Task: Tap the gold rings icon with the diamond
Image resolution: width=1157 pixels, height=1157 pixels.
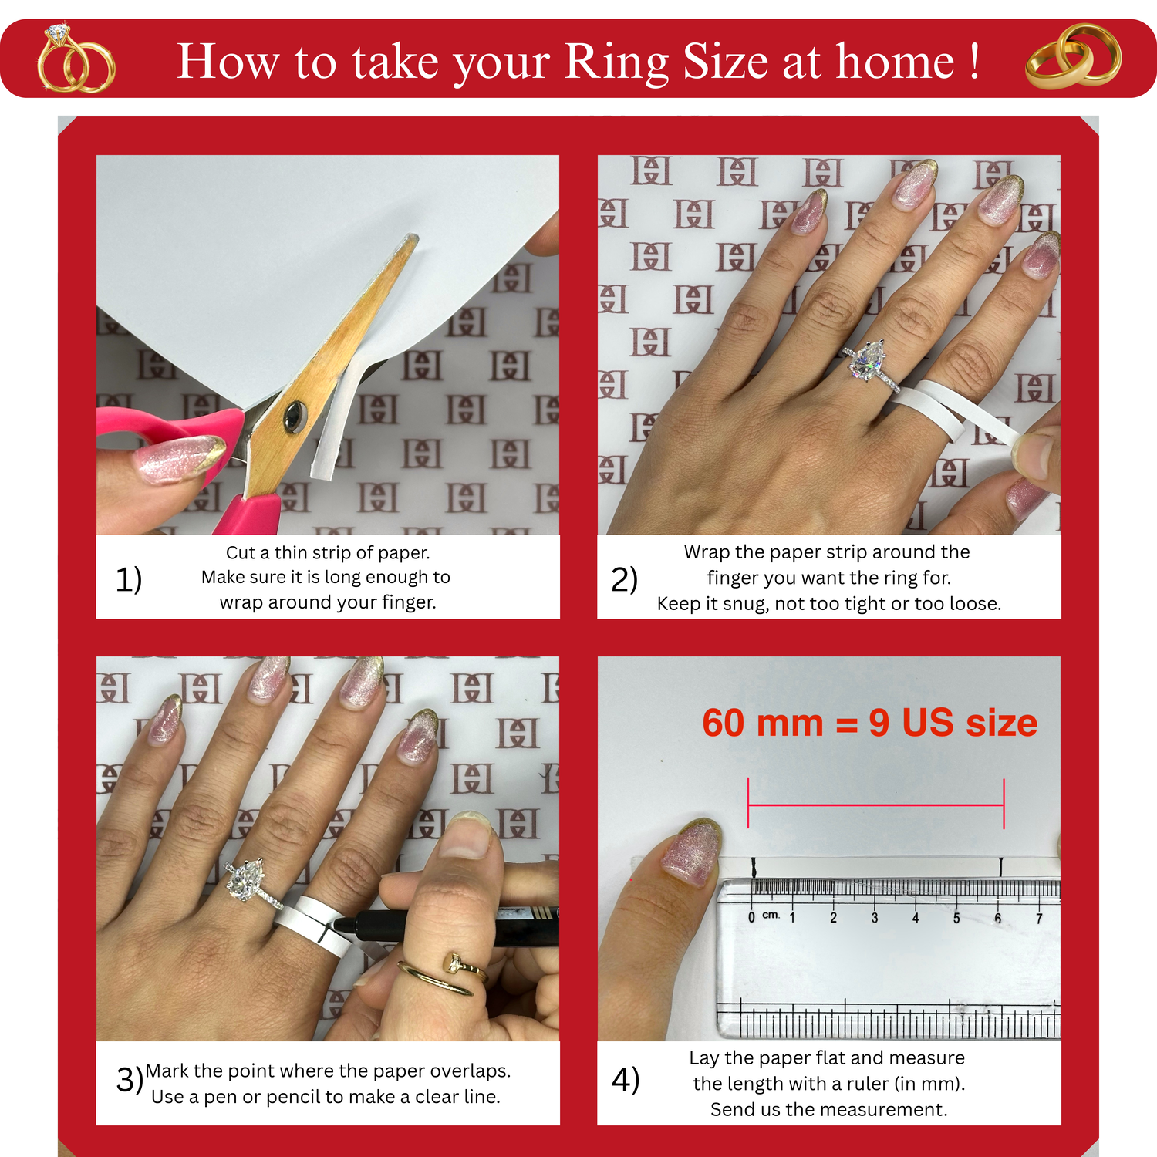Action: coord(76,59)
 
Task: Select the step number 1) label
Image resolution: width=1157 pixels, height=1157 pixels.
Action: coord(129,579)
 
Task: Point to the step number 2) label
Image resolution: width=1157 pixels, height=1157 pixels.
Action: coord(624,579)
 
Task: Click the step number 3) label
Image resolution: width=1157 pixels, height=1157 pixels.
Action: coord(130,1079)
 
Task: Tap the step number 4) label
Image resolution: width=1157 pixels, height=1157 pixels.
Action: coord(626,1079)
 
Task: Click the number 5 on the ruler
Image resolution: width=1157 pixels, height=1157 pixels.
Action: coord(956,918)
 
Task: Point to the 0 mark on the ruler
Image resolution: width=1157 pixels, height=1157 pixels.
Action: coord(751,918)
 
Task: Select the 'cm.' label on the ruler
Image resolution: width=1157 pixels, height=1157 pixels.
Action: coord(771,915)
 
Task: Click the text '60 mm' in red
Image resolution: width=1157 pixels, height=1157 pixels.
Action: coord(762,724)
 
